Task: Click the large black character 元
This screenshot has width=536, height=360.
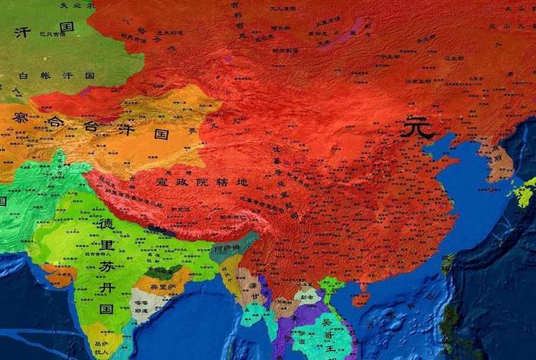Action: coord(418,128)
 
